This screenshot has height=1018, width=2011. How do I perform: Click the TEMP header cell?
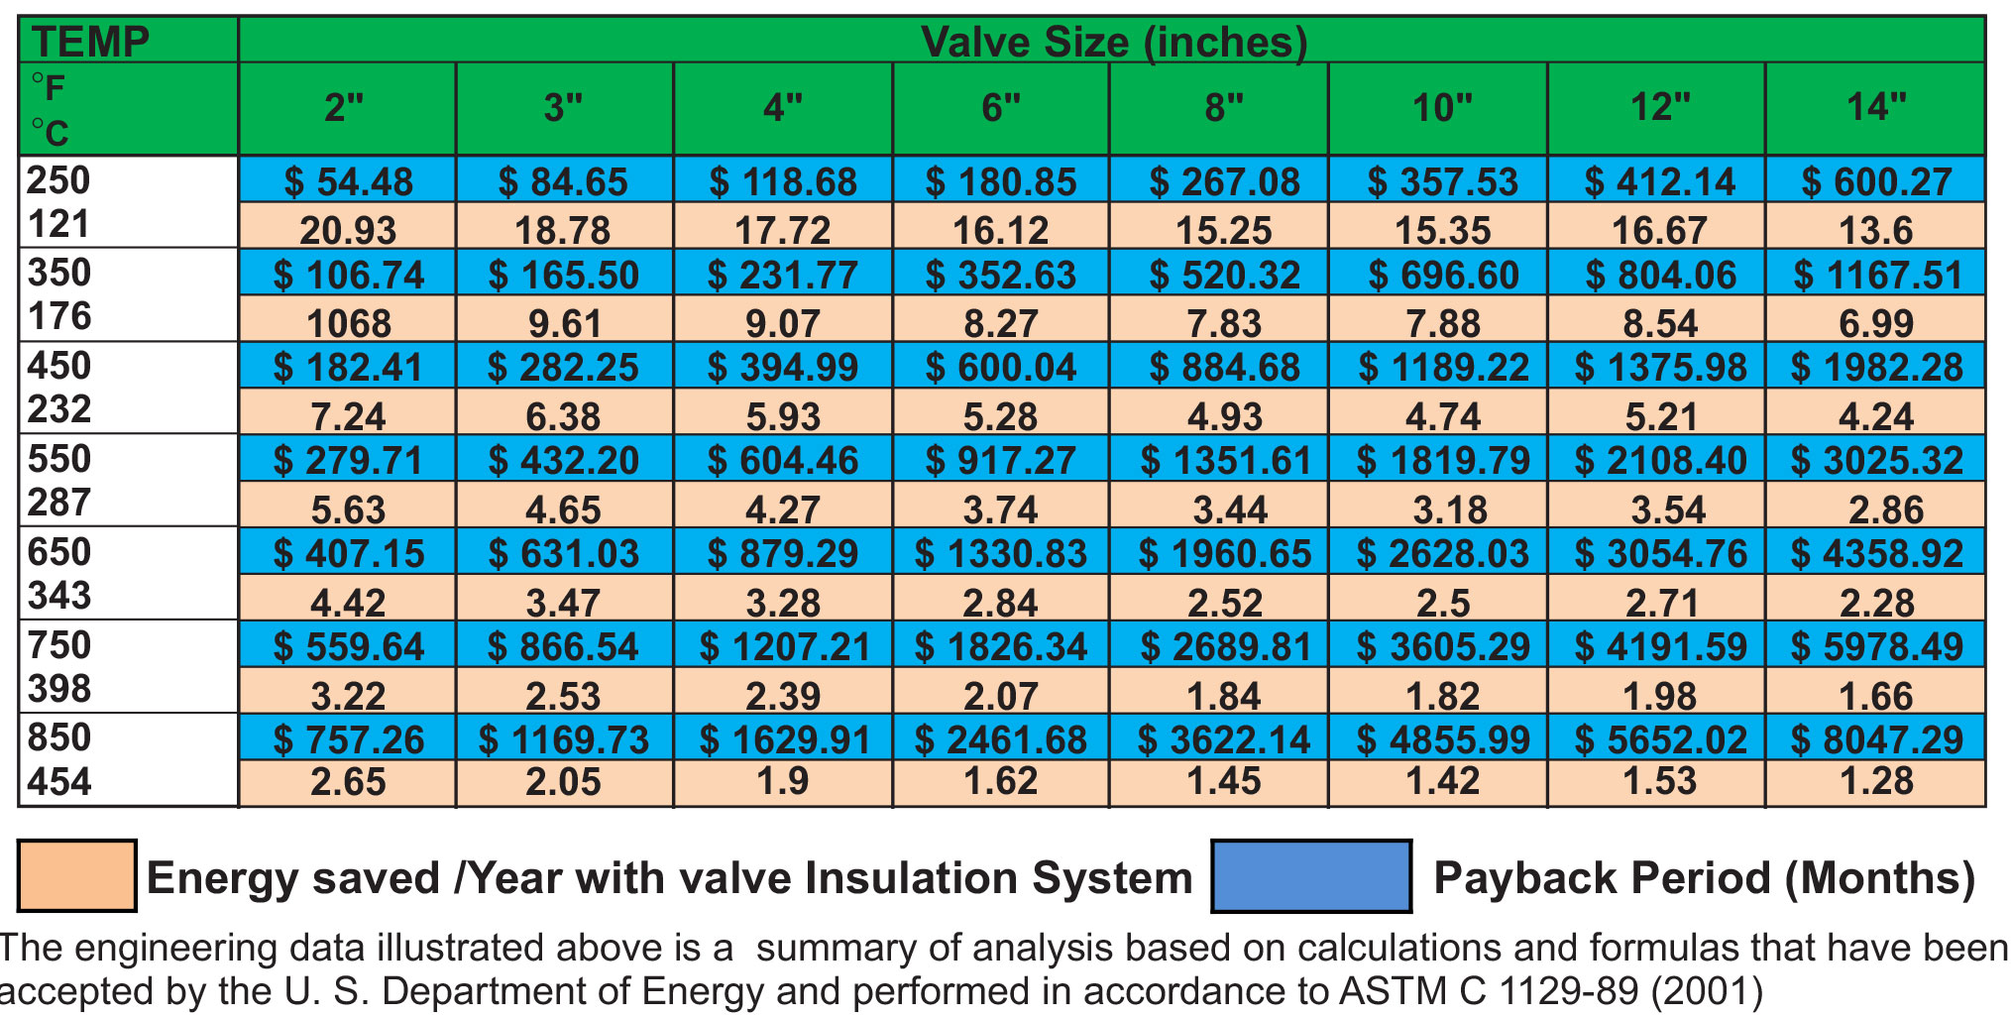coord(90,42)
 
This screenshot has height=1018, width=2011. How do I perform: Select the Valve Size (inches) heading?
coord(1113,42)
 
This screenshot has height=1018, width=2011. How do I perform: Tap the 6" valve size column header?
coord(1001,107)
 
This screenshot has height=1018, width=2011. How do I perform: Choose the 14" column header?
coord(1875,107)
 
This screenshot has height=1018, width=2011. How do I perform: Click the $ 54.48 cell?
coord(348,181)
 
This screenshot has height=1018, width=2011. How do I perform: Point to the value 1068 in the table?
coord(348,323)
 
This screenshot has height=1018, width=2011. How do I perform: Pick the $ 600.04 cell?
coord(1001,368)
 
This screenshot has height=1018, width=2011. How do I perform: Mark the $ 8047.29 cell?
coord(1876,739)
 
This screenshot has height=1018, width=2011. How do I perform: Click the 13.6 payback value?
coord(1875,230)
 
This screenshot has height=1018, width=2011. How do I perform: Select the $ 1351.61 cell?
coord(1225,461)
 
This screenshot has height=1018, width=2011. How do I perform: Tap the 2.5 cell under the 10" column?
coord(1443,603)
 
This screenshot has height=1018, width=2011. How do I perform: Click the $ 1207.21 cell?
coord(784,647)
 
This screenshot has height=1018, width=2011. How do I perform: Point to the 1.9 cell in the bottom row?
coord(783,782)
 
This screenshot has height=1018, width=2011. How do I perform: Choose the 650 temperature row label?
coord(59,552)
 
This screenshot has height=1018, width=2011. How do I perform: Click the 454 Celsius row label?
coord(59,782)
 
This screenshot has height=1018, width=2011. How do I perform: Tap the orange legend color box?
coord(77,876)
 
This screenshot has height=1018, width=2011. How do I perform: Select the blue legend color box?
coord(1311,876)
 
